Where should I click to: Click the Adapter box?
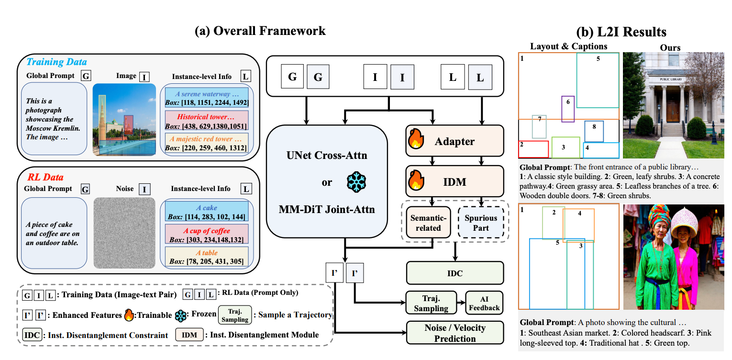455,141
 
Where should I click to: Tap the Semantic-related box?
428,223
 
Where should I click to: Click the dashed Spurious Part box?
481,223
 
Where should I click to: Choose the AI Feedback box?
484,303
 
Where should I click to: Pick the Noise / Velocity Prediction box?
455,333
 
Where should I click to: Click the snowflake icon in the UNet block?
355,182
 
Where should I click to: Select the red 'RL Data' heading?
46,177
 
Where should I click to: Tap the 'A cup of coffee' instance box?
207,235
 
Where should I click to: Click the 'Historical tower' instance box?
207,121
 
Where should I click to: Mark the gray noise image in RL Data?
125,233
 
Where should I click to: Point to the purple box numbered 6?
567,109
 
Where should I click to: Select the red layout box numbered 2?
533,149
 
